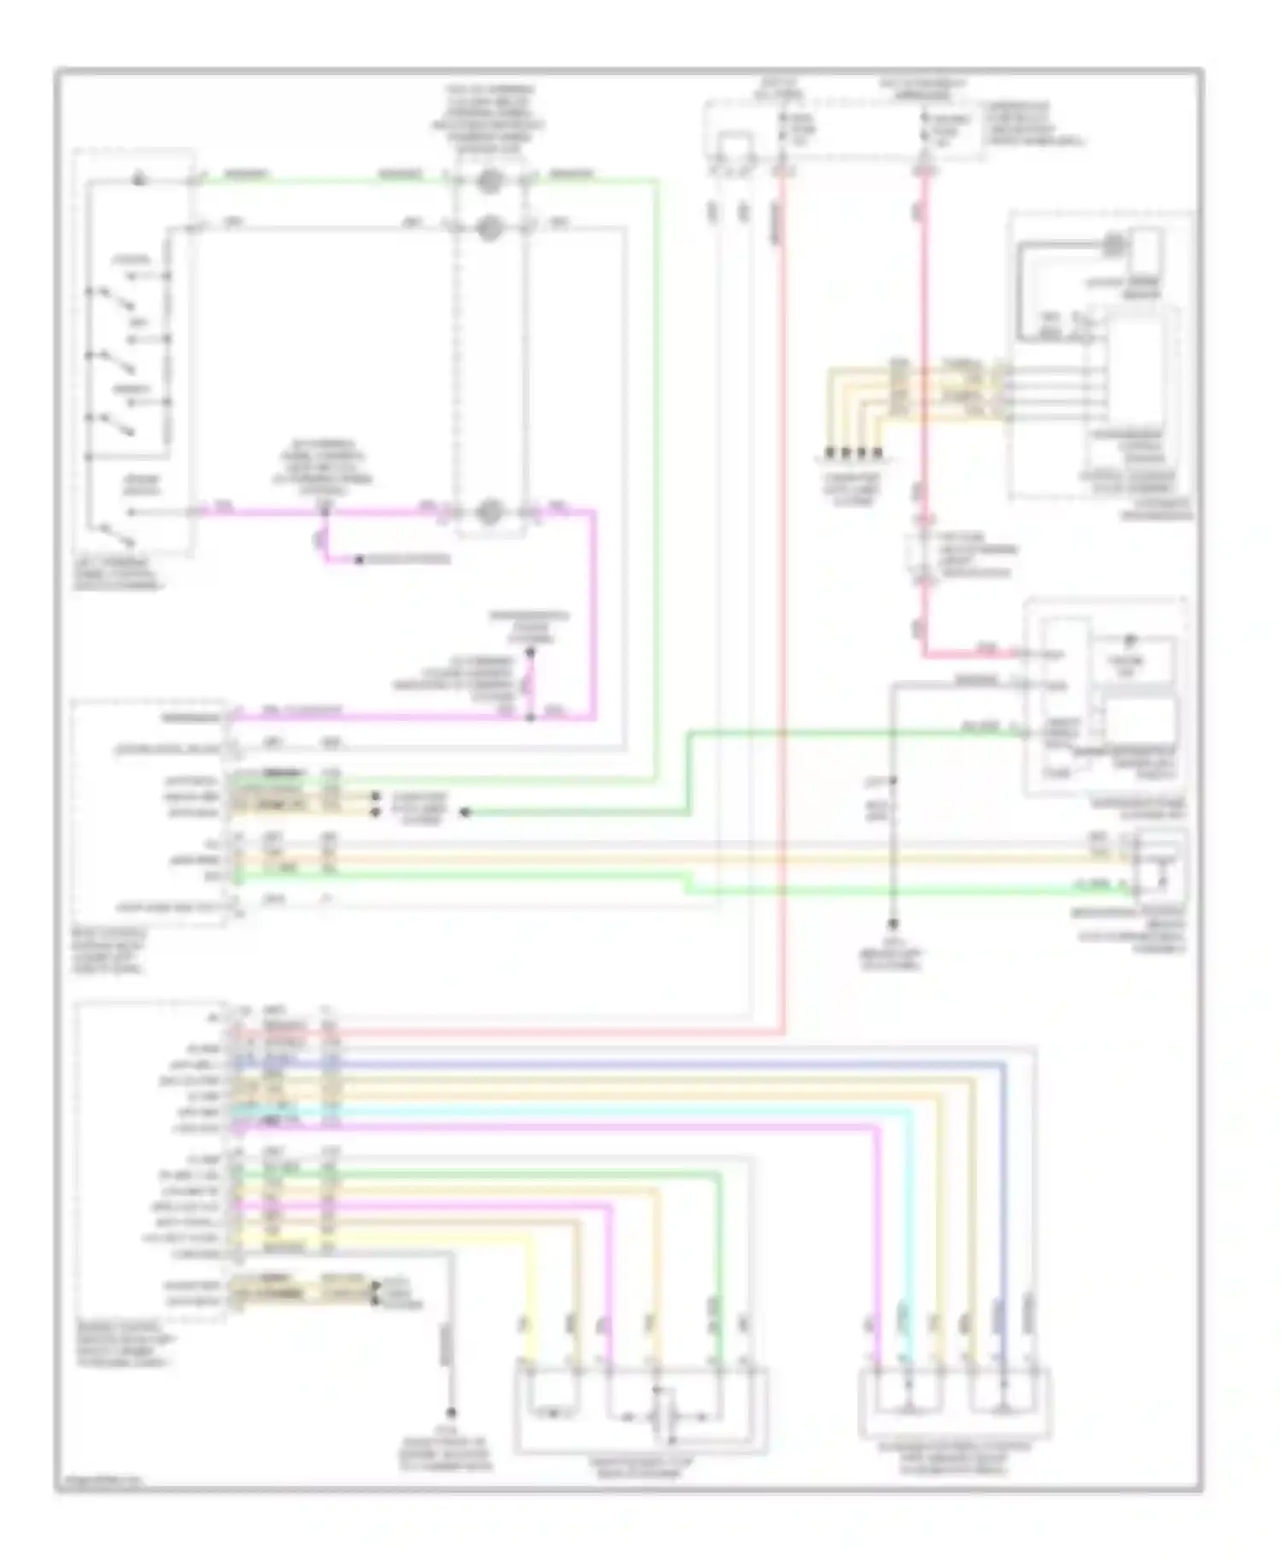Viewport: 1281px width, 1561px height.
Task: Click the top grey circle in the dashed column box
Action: pyautogui.click(x=489, y=180)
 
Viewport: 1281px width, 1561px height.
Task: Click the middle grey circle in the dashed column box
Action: pyautogui.click(x=489, y=228)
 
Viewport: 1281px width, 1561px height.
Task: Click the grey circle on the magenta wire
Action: pyautogui.click(x=489, y=512)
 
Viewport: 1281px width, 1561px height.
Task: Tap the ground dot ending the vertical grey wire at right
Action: pyautogui.click(x=892, y=925)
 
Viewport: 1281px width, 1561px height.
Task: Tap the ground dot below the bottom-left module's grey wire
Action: pyautogui.click(x=450, y=1413)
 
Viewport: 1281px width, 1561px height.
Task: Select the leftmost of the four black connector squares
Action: pyautogui.click(x=828, y=453)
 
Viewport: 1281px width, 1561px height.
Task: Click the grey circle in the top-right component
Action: pyautogui.click(x=1114, y=245)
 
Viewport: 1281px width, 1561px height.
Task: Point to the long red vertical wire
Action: pyautogui.click(x=781, y=598)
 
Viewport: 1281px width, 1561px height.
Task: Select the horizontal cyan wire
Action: pyautogui.click(x=598, y=1112)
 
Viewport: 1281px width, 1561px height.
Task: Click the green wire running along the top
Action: pyautogui.click(x=342, y=180)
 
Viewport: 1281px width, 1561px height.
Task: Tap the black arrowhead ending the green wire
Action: pyautogui.click(x=465, y=812)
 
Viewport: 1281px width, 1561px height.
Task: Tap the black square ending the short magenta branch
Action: pyautogui.click(x=360, y=560)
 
